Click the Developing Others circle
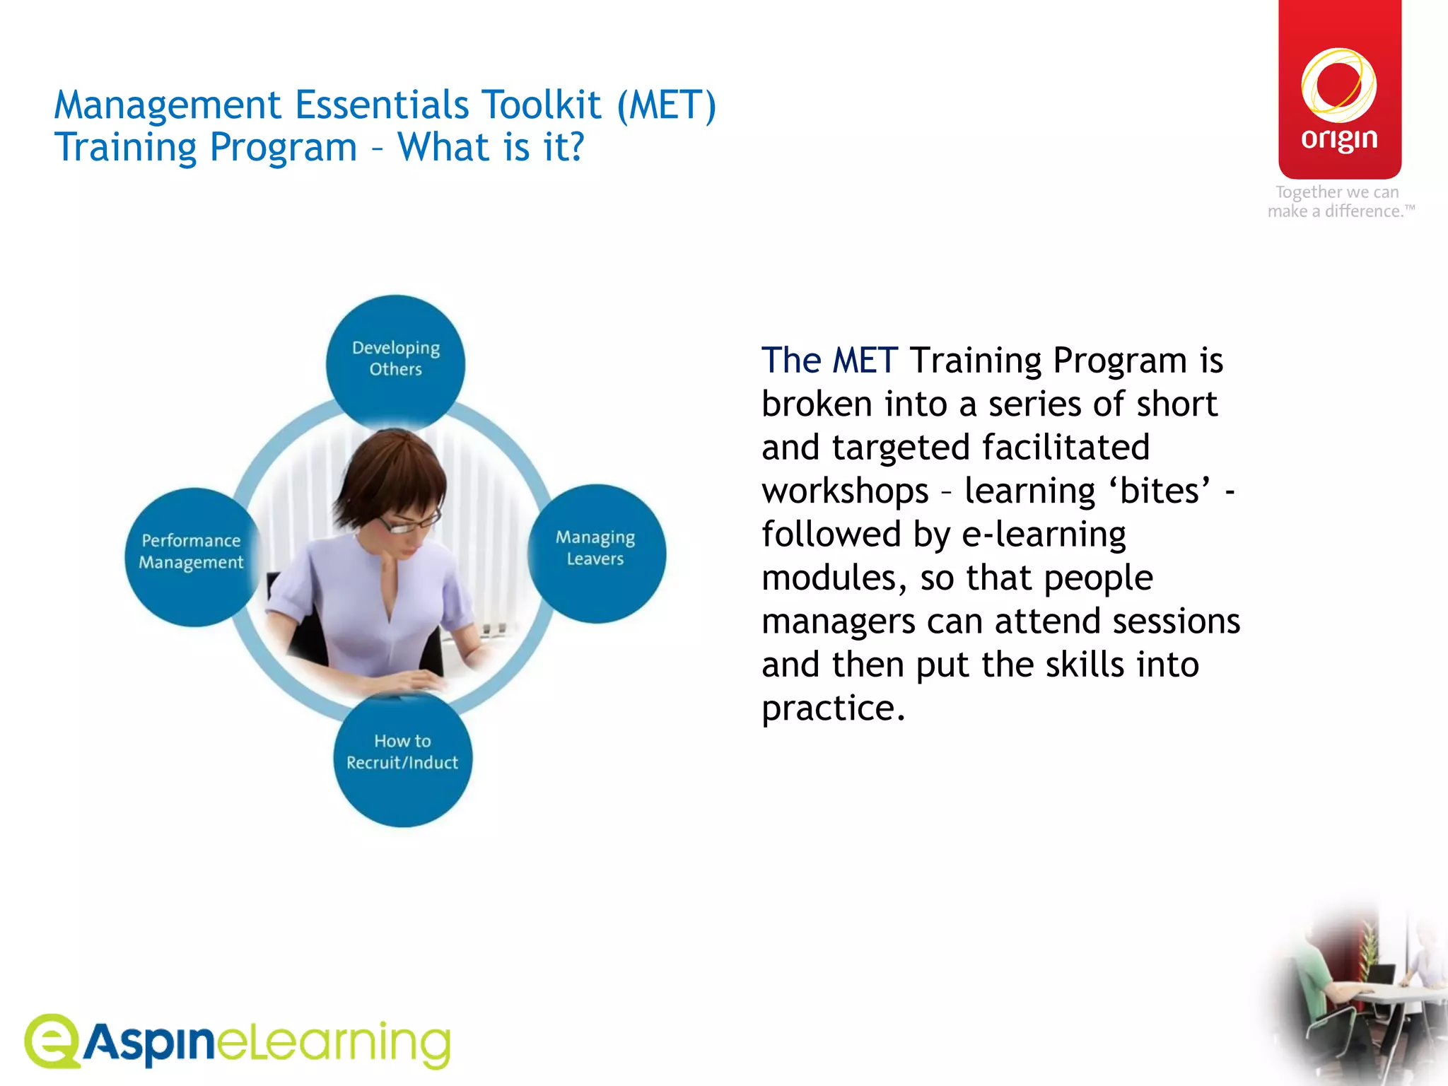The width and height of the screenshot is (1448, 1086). [395, 361]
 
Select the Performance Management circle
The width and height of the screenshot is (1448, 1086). [192, 555]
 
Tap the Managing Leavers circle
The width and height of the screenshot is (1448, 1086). [596, 551]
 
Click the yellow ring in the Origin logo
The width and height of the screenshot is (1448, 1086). [1338, 86]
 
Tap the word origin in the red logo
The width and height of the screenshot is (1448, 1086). [1339, 139]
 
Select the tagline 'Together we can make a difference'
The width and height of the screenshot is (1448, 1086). [1339, 202]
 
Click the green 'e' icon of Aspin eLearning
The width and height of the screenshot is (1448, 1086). [52, 1040]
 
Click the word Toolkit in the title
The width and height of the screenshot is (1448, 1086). [541, 105]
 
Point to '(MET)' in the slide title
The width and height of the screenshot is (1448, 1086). [666, 105]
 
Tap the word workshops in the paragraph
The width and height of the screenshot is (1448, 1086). [845, 491]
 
